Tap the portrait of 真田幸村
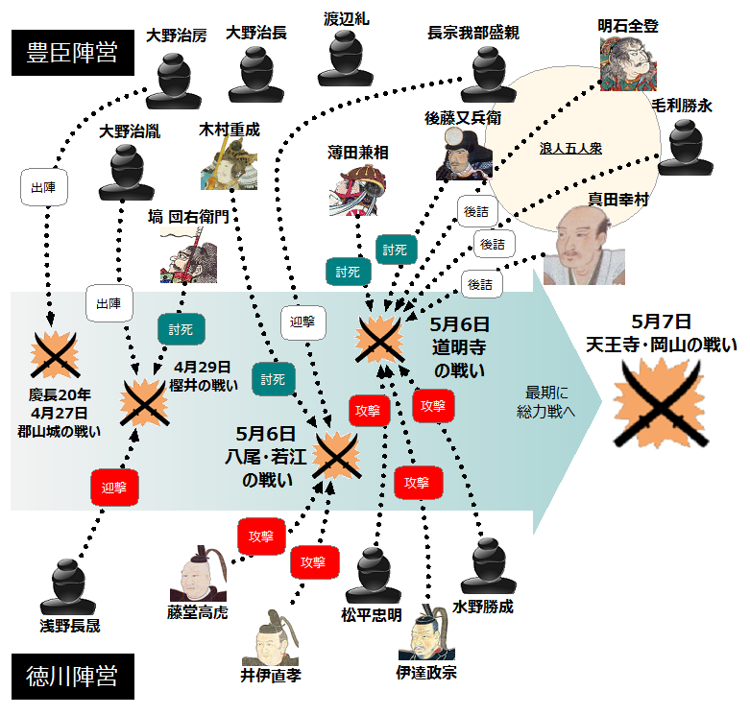pyautogui.click(x=583, y=248)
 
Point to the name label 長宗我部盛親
pyautogui.click(x=473, y=34)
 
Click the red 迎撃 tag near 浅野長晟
pyautogui.click(x=115, y=487)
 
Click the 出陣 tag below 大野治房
pyautogui.click(x=39, y=188)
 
